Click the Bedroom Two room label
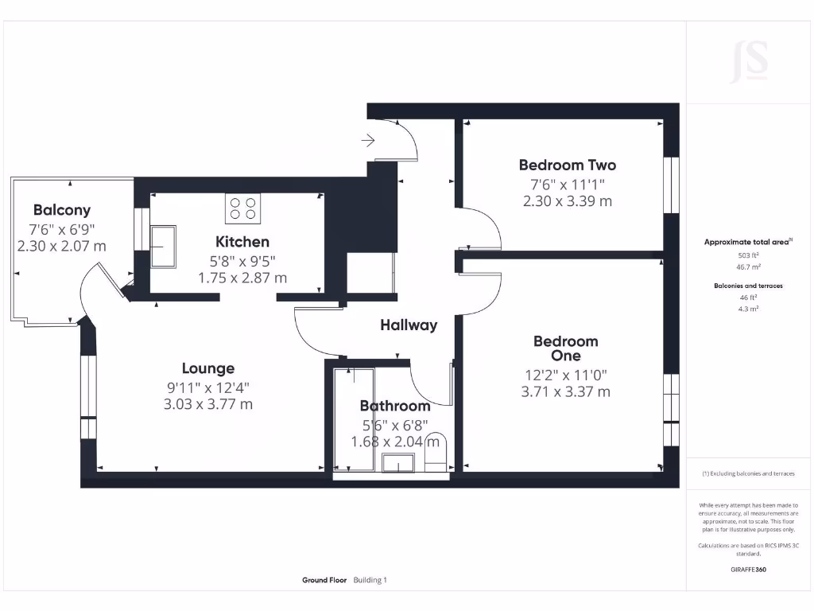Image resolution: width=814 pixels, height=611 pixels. tap(567, 165)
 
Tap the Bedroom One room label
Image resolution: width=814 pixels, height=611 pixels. tap(565, 348)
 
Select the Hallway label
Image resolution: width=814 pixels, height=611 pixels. tap(409, 325)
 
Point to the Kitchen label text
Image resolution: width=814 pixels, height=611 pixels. tap(242, 242)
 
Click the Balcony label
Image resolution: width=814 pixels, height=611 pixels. tap(61, 211)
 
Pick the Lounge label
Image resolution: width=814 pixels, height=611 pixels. tap(208, 368)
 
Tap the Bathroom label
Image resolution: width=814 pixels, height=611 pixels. tap(394, 407)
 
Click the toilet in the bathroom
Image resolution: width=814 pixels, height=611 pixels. tap(435, 451)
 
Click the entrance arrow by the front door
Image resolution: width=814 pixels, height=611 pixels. tap(368, 141)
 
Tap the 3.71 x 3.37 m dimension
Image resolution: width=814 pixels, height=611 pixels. tap(565, 391)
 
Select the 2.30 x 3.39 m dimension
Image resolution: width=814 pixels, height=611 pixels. tap(567, 201)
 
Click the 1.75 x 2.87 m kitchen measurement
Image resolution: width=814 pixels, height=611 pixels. tap(242, 278)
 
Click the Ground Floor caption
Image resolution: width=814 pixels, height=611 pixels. tap(324, 580)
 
